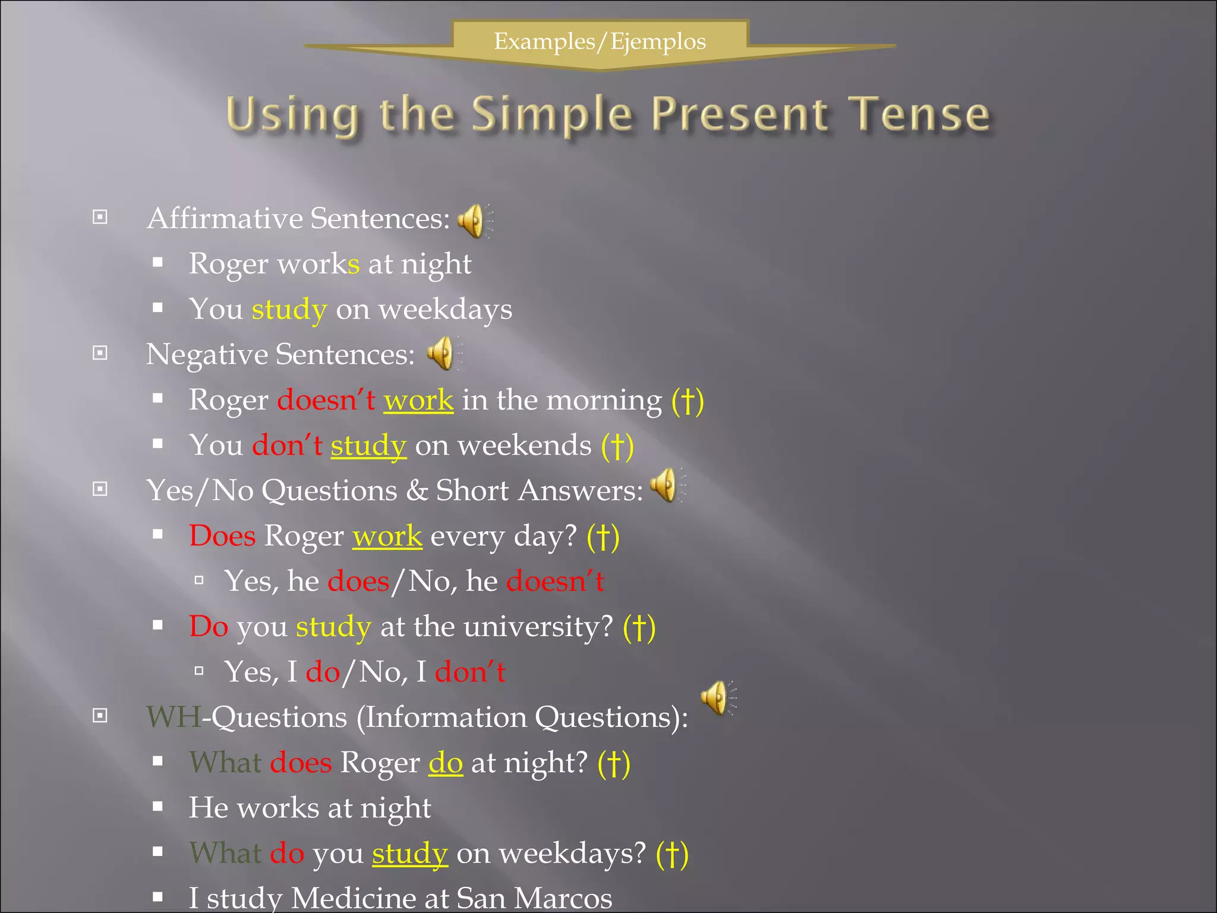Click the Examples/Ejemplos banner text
pyautogui.click(x=600, y=42)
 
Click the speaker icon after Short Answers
pyautogui.click(x=666, y=485)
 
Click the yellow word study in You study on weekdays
pyautogui.click(x=289, y=310)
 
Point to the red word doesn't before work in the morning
pyautogui.click(x=326, y=400)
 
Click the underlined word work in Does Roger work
pyautogui.click(x=387, y=536)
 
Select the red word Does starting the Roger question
pyautogui.click(x=222, y=536)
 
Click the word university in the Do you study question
pyautogui.click(x=538, y=627)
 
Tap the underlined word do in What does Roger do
pyautogui.click(x=445, y=763)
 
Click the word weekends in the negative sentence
pyautogui.click(x=525, y=446)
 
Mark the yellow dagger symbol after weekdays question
pyautogui.click(x=672, y=854)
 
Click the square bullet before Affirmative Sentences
pyautogui.click(x=100, y=218)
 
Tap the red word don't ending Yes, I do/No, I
pyautogui.click(x=469, y=672)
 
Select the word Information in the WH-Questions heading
pyautogui.click(x=444, y=717)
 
